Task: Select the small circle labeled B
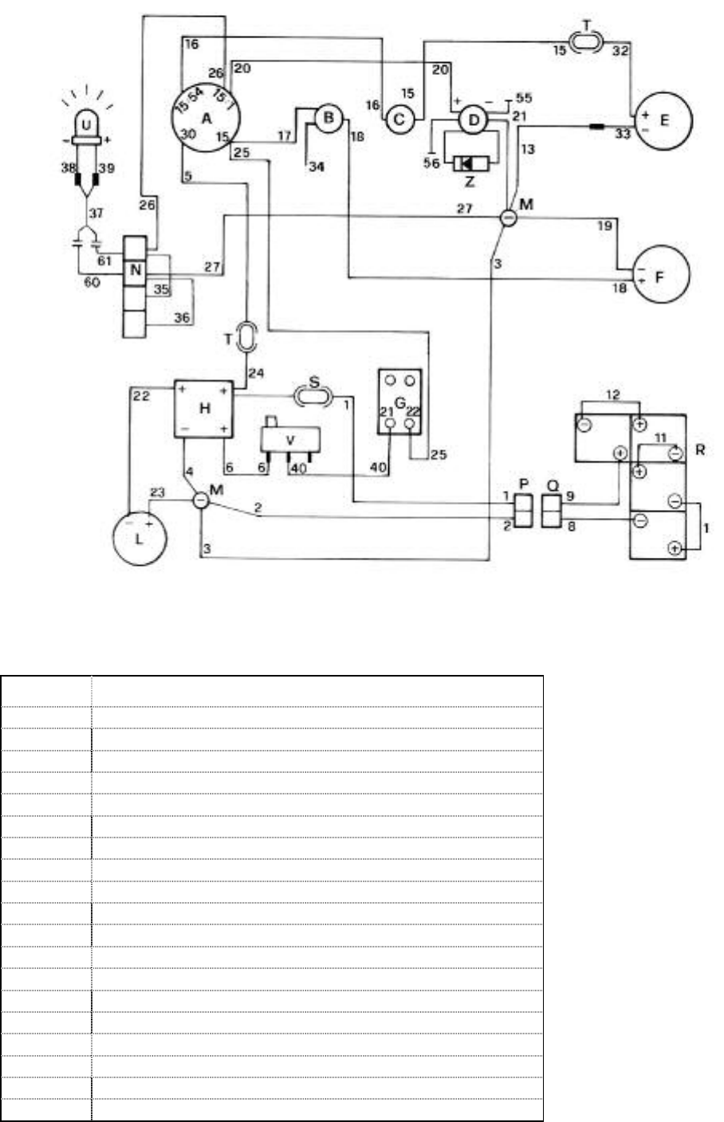(x=327, y=120)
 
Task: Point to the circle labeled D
(x=474, y=120)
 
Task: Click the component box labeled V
(x=290, y=440)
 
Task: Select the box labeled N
(x=136, y=269)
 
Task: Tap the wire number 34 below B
(x=316, y=167)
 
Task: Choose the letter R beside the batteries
(x=699, y=450)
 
